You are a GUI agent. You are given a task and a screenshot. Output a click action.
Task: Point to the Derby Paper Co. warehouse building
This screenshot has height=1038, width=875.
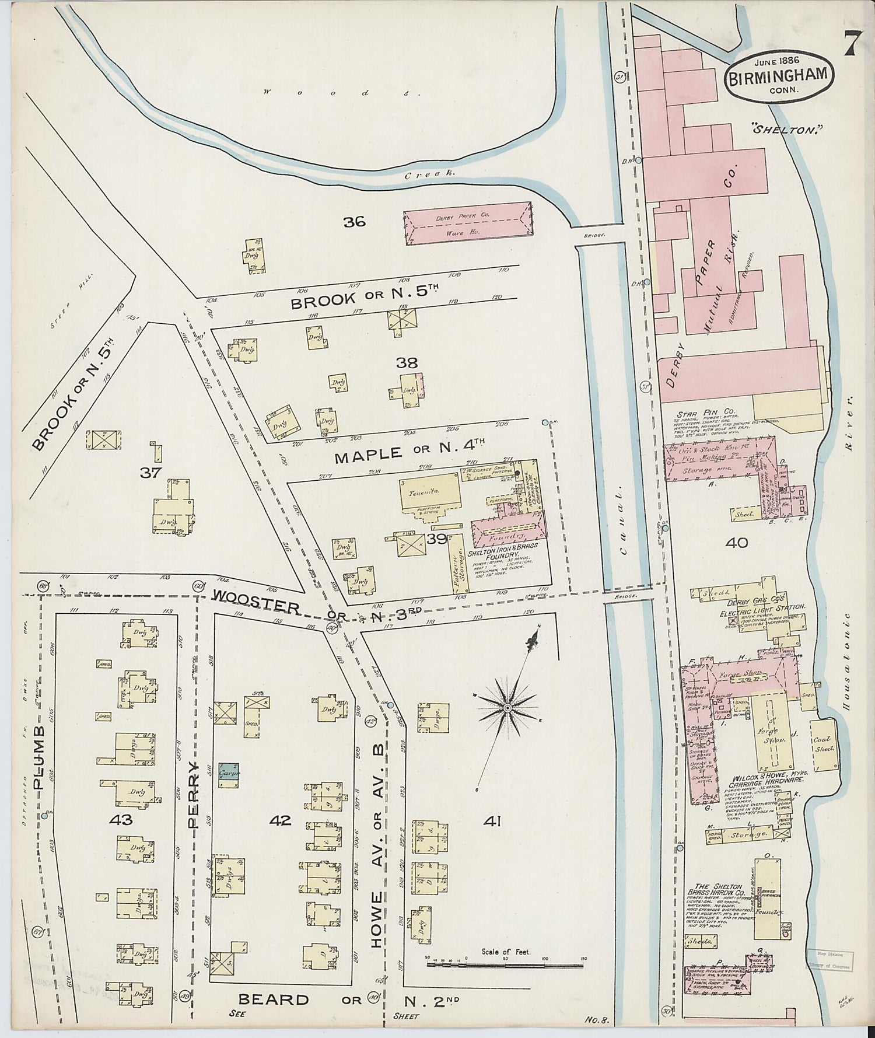[468, 224]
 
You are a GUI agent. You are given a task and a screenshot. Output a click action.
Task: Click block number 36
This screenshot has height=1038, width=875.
[354, 221]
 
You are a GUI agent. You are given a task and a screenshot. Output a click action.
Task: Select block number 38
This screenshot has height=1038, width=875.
[407, 362]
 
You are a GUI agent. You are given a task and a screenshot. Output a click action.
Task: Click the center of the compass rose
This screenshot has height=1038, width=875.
[508, 707]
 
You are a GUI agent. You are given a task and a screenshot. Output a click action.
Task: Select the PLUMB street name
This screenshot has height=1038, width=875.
[40, 758]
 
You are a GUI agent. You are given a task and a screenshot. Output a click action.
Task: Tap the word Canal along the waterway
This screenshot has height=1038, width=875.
[625, 520]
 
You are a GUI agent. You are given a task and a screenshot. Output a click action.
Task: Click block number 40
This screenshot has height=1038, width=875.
[737, 543]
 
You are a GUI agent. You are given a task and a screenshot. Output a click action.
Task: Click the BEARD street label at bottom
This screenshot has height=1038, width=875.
[274, 1000]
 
